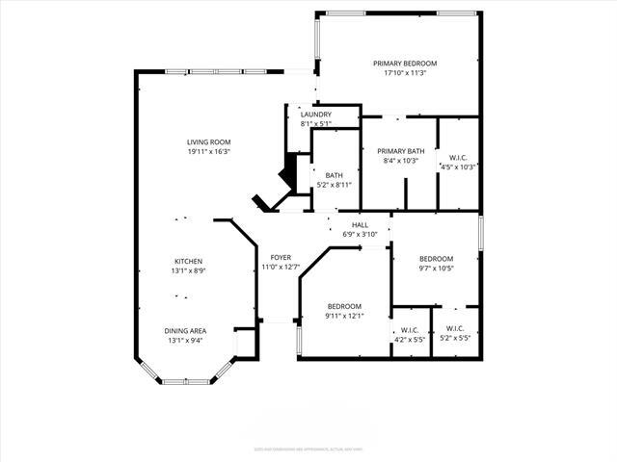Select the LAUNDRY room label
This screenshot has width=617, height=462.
pyautogui.click(x=315, y=115)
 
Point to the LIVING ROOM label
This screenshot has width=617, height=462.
pyautogui.click(x=208, y=142)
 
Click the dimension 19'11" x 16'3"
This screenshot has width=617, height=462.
pyautogui.click(x=208, y=152)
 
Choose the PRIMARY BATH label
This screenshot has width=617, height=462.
pyautogui.click(x=400, y=151)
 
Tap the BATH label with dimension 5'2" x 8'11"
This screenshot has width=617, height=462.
pyautogui.click(x=334, y=175)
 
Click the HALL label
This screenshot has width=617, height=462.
pyautogui.click(x=360, y=225)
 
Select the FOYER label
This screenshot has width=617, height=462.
pyautogui.click(x=281, y=258)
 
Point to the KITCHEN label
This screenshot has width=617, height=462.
pyautogui.click(x=188, y=262)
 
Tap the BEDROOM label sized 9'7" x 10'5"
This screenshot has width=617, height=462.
pyautogui.click(x=436, y=259)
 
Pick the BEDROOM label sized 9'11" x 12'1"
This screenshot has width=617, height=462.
pyautogui.click(x=344, y=306)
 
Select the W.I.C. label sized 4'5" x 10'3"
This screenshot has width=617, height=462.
pyautogui.click(x=458, y=158)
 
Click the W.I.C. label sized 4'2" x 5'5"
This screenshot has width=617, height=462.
pyautogui.click(x=409, y=330)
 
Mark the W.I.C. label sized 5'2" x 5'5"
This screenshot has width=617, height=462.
pyautogui.click(x=454, y=330)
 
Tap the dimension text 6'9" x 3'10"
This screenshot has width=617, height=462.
pyautogui.click(x=360, y=235)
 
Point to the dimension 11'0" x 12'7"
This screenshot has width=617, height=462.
pyautogui.click(x=281, y=268)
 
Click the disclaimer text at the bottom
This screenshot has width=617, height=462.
pyautogui.click(x=308, y=448)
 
